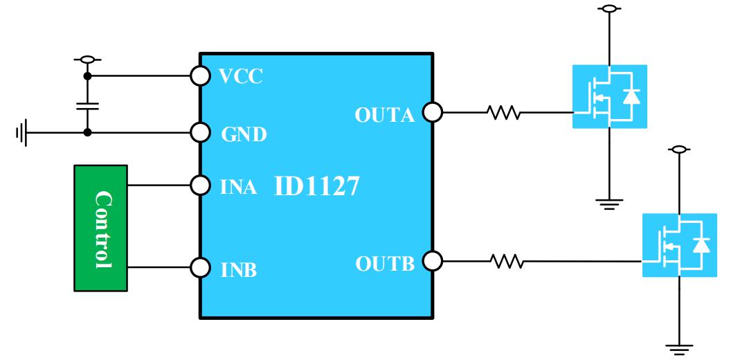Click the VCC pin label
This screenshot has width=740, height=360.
coord(242,76)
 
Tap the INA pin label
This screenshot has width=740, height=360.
coord(239,187)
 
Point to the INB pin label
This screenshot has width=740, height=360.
coord(239,269)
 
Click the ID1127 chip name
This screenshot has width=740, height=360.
coord(316,186)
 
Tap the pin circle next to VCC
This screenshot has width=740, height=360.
coord(200,75)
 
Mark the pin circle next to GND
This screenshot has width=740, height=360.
coord(200,132)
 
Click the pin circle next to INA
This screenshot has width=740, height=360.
coord(200,186)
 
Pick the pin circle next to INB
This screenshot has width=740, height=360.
coord(200,267)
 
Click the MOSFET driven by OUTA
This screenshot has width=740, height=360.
coord(609,96)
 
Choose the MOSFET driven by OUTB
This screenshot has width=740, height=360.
coord(679,245)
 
